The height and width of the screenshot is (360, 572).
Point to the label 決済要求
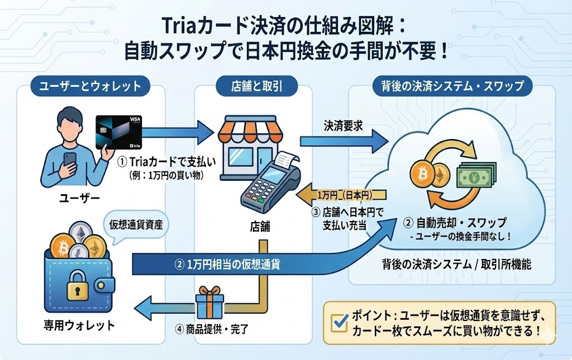pyautogui.click(x=343, y=126)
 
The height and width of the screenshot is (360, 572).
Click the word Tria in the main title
pyautogui.click(x=179, y=25)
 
